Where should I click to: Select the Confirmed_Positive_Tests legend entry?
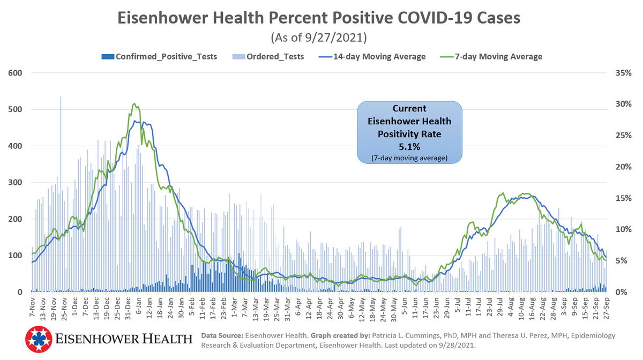[x=159, y=56]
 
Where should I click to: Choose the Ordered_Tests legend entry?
[x=268, y=56]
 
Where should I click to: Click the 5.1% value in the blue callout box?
[x=409, y=146]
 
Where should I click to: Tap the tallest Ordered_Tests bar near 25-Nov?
[x=61, y=161]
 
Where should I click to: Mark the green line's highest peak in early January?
[x=134, y=104]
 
